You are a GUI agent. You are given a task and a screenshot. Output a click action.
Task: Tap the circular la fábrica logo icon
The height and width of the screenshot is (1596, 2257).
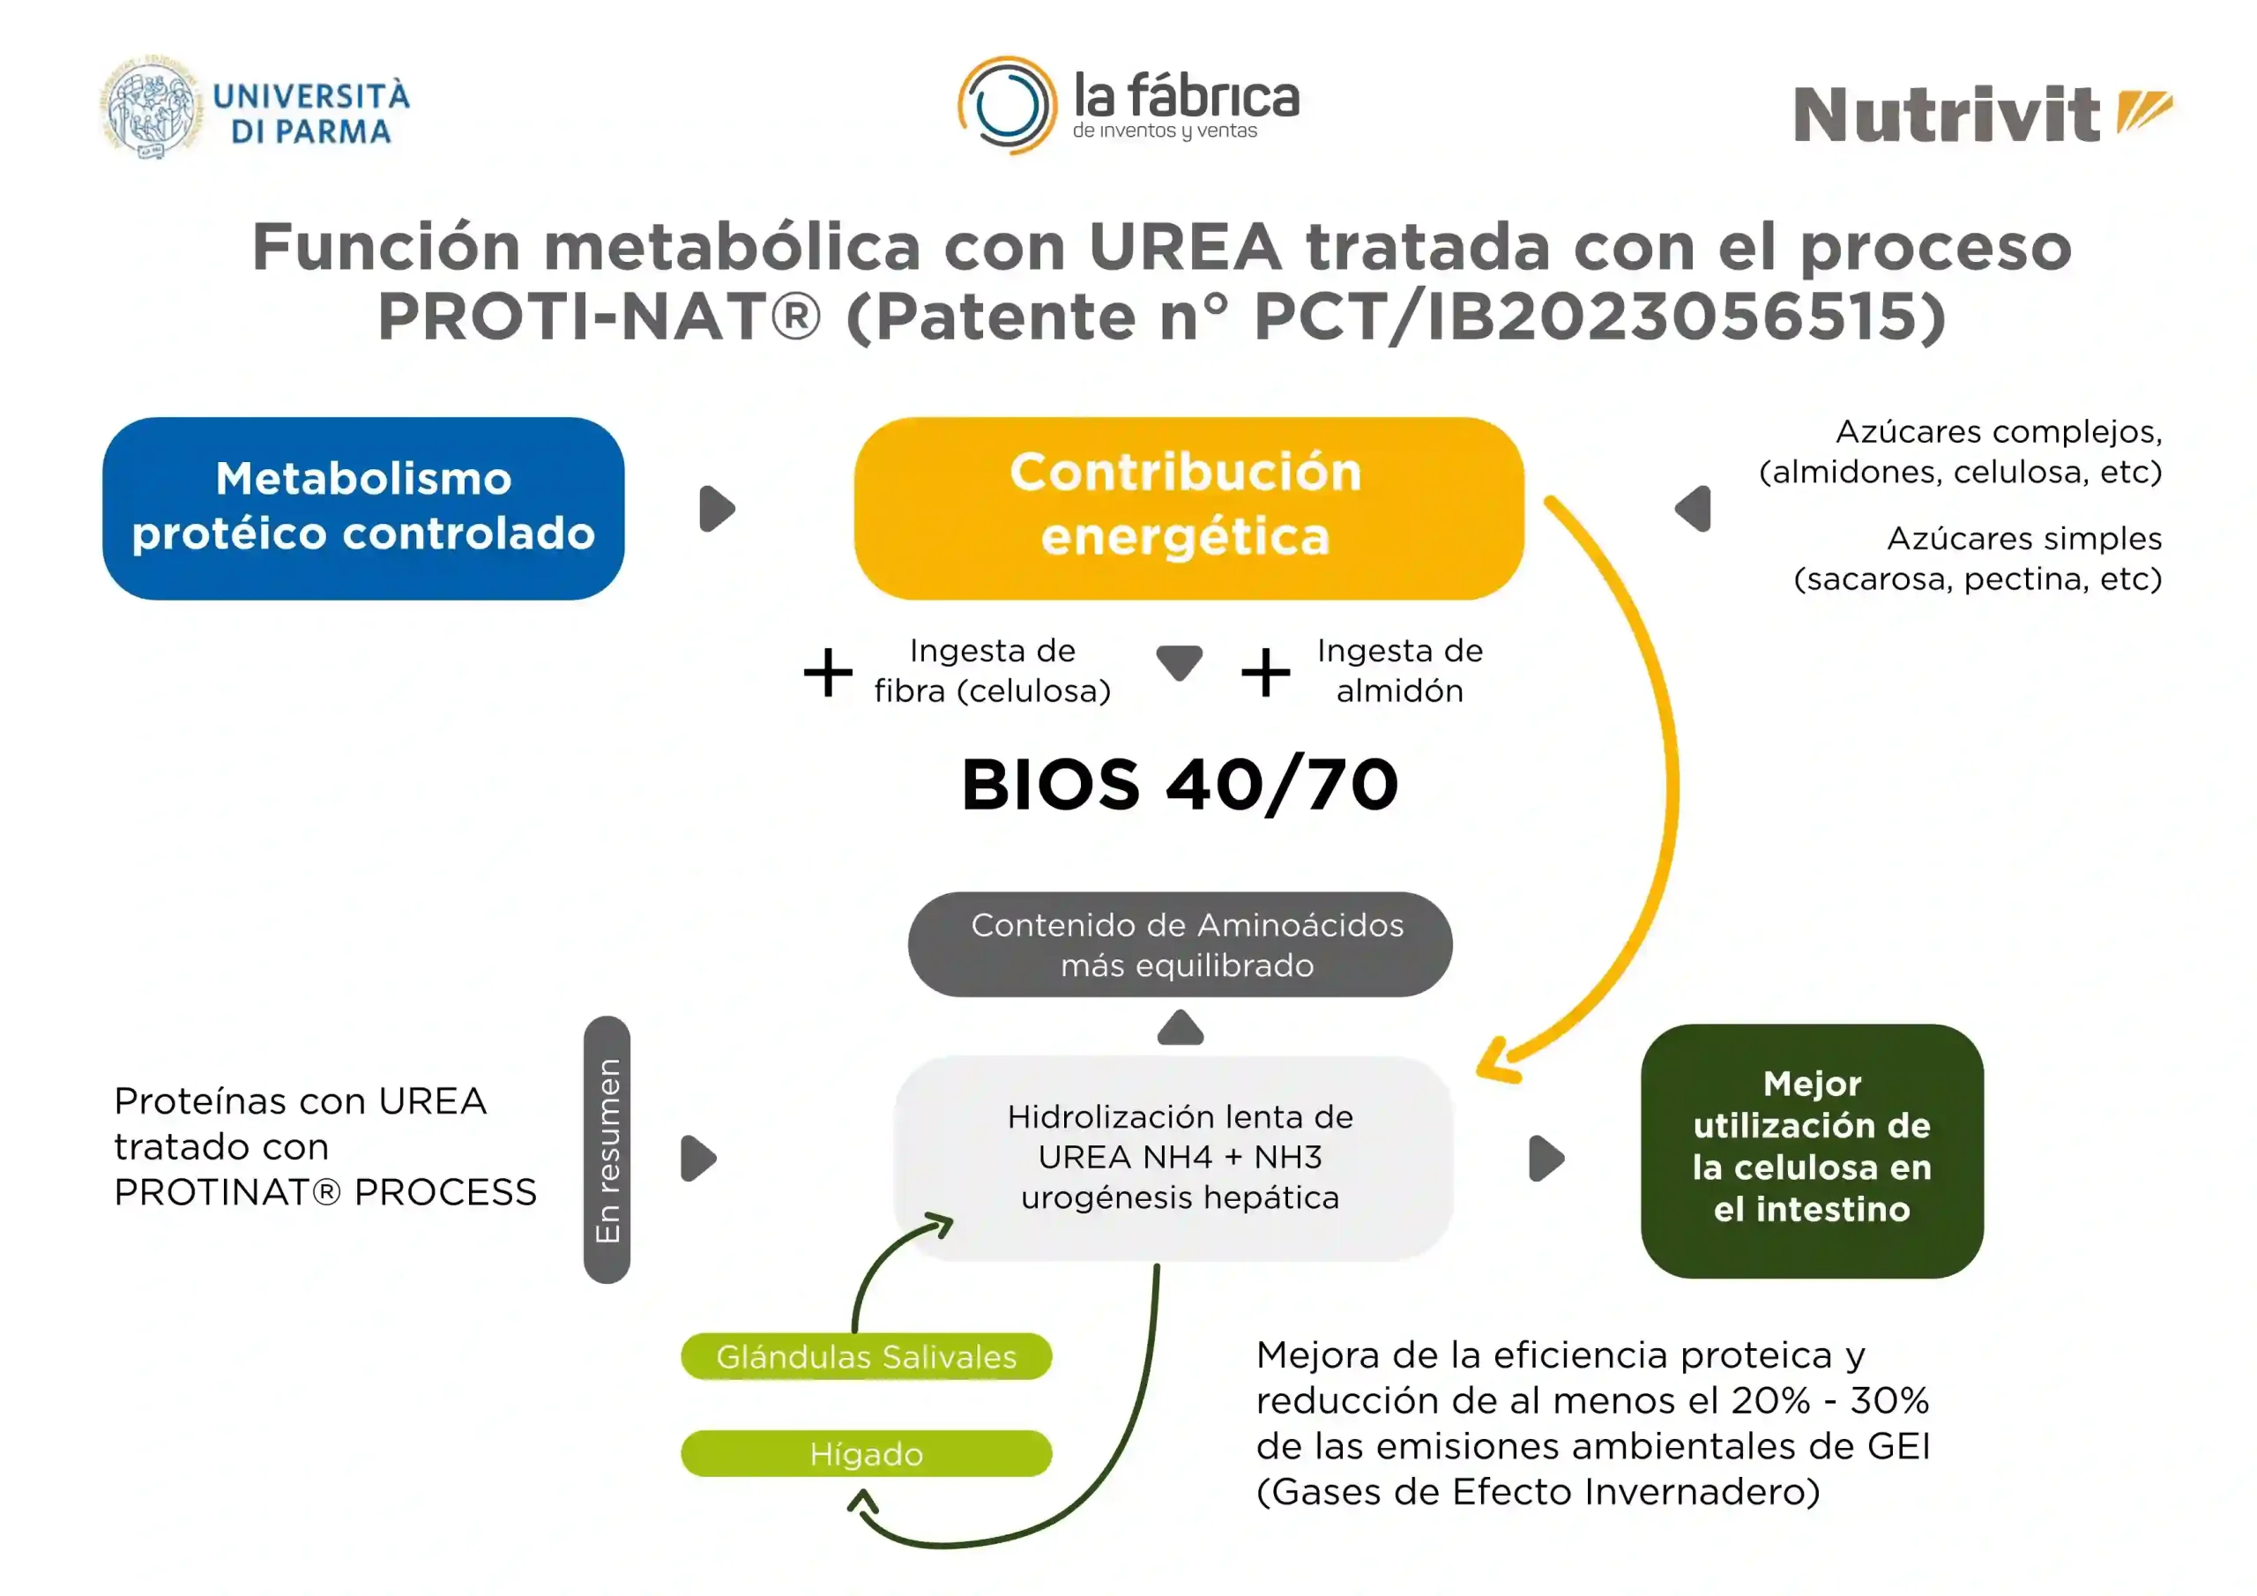tap(1008, 105)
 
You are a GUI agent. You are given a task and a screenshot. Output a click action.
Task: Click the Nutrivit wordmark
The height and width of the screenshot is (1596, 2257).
tap(1947, 115)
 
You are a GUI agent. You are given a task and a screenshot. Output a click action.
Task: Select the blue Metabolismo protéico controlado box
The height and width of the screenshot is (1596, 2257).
tap(364, 509)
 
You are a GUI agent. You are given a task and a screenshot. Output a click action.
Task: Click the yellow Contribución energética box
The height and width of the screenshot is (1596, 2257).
tap(1188, 509)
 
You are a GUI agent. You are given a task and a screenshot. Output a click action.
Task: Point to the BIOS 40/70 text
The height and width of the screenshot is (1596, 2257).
tap(1180, 785)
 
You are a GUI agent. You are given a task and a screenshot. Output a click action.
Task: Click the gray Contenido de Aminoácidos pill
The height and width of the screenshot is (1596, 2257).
tap(1180, 944)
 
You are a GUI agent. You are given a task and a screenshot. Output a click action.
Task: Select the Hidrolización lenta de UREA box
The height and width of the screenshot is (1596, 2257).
tap(1173, 1158)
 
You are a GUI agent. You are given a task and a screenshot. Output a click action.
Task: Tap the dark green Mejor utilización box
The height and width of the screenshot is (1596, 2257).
tap(1812, 1151)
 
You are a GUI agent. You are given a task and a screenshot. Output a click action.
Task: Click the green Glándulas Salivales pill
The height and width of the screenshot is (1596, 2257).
tap(866, 1356)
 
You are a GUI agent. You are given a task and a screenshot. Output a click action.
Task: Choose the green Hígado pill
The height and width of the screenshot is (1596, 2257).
tap(866, 1453)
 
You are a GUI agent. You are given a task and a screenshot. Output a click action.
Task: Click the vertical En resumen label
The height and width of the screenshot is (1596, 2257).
tap(607, 1150)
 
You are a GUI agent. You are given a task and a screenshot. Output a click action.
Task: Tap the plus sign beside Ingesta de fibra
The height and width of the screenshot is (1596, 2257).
tap(828, 673)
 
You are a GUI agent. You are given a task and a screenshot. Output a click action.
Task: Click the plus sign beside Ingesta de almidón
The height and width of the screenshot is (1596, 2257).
tap(1265, 673)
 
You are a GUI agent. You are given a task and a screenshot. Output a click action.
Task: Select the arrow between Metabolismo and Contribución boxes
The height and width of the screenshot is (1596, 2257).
tap(717, 509)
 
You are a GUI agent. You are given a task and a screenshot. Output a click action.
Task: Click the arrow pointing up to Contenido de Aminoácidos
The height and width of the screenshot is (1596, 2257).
tap(1181, 1027)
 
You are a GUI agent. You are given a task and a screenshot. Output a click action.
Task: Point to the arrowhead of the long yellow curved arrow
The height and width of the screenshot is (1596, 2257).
tap(1496, 1062)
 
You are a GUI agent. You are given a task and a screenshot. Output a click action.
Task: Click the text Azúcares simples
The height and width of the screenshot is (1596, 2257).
tap(2024, 538)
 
